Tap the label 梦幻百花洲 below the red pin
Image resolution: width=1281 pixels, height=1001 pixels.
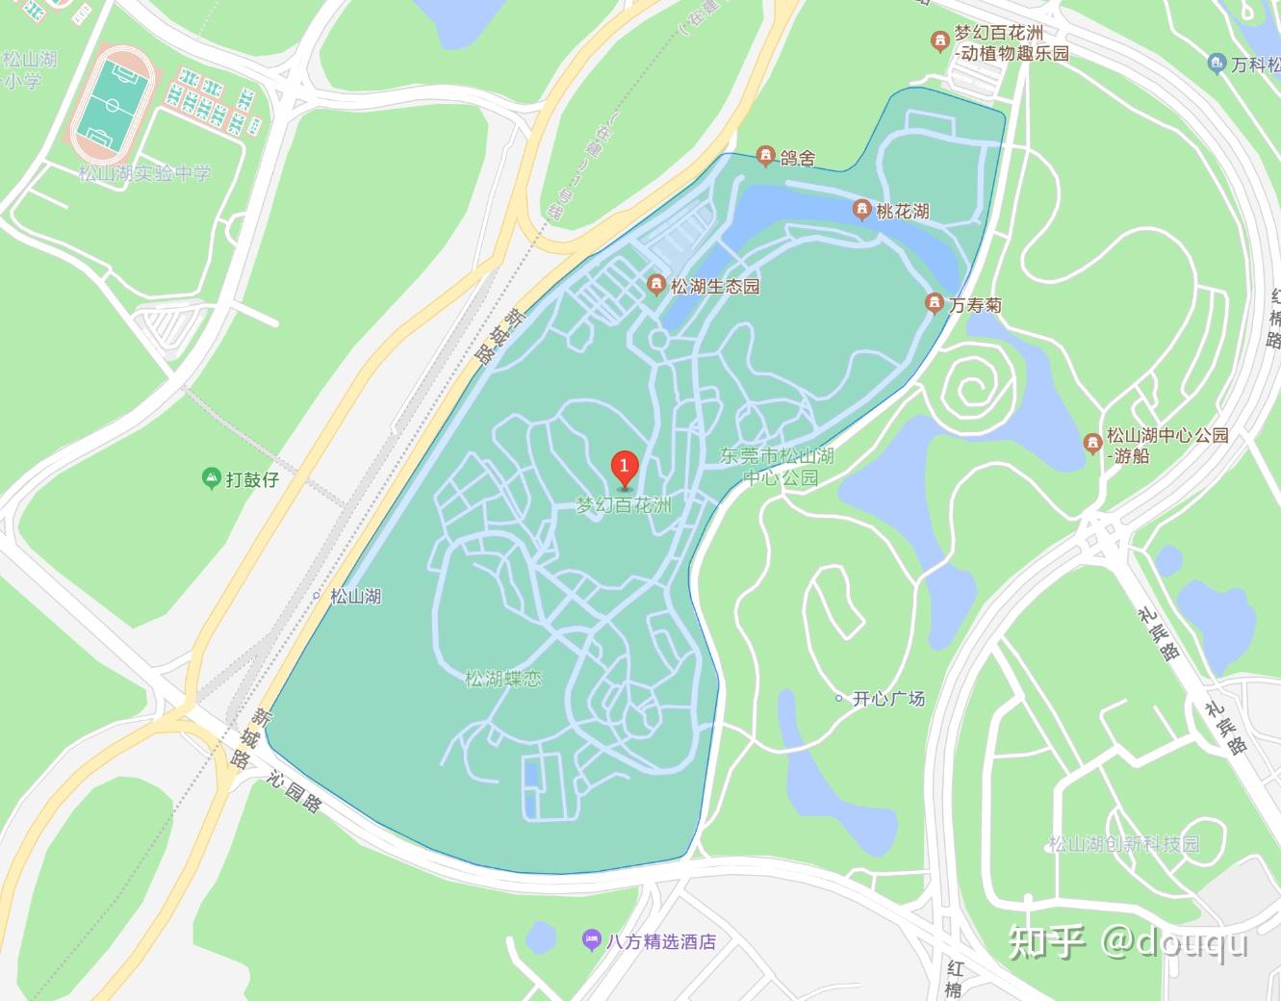point(623,505)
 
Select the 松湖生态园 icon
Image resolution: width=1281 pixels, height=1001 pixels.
point(656,285)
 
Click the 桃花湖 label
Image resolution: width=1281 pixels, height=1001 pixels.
point(903,211)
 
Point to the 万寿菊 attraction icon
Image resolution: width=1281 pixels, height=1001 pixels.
point(933,304)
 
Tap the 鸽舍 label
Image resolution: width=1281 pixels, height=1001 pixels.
point(799,157)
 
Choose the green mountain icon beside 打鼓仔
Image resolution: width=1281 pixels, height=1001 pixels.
point(211,477)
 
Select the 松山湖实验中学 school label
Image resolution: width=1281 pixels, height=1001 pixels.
point(144,174)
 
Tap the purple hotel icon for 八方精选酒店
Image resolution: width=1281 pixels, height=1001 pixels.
point(591,940)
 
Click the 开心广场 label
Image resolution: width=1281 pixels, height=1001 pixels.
point(888,698)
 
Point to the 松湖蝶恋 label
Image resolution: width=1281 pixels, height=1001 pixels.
point(503,679)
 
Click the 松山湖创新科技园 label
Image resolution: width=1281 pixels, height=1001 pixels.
point(1123,844)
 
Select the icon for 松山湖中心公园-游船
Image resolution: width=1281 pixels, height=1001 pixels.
point(1091,444)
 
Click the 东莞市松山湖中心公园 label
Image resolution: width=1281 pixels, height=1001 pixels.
point(778,467)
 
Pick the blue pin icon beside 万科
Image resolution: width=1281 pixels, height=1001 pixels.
point(1216,64)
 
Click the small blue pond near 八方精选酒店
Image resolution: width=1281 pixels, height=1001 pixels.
point(541,936)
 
